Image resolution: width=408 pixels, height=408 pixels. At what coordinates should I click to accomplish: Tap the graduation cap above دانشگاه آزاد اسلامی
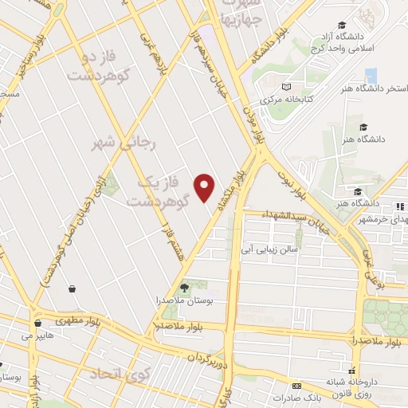point(342,25)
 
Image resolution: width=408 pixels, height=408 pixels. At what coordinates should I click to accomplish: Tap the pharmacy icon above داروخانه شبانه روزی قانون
point(369,375)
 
